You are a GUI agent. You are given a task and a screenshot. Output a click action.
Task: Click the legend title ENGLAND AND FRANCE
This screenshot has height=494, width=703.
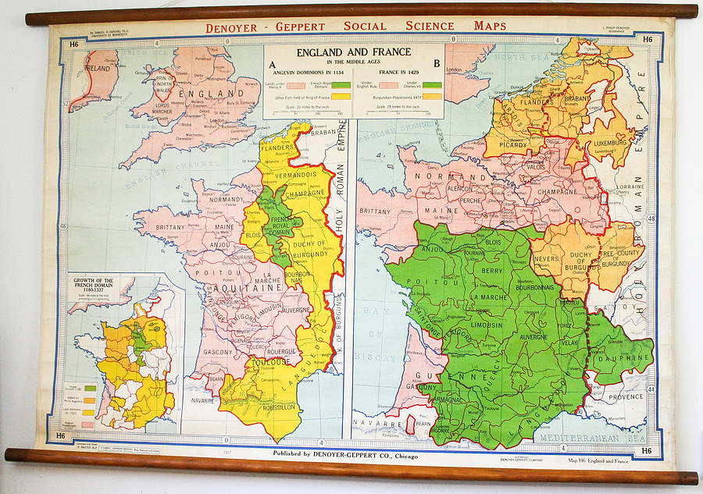click(x=354, y=52)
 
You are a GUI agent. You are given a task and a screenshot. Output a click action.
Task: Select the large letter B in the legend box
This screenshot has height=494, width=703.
click(x=437, y=65)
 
